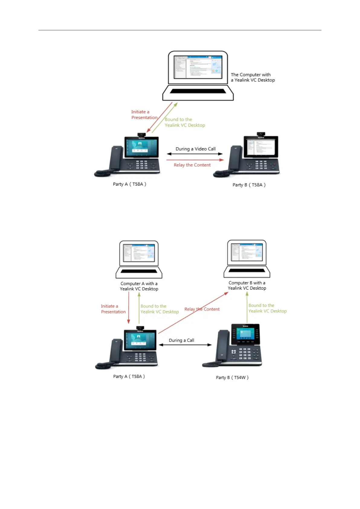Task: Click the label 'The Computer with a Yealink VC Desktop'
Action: coord(253,77)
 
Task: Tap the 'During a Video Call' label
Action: coord(196,149)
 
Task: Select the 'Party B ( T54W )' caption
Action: coord(232,378)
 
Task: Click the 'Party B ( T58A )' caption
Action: coord(249,185)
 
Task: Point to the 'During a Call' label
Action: coord(181,340)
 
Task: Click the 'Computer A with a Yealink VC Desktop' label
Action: coord(139,286)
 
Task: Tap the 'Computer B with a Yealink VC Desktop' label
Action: coord(247,286)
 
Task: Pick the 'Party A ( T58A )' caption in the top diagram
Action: coord(130,184)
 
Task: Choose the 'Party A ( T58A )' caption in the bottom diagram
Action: coord(129,376)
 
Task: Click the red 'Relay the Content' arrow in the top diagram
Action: coord(195,160)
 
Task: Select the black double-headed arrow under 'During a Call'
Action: coord(185,345)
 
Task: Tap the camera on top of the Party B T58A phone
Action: coord(261,134)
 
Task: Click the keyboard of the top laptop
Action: coord(198,91)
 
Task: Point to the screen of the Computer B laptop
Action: coord(247,252)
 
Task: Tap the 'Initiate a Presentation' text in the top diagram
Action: coord(144,115)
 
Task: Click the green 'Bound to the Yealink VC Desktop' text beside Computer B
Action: coord(268,308)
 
